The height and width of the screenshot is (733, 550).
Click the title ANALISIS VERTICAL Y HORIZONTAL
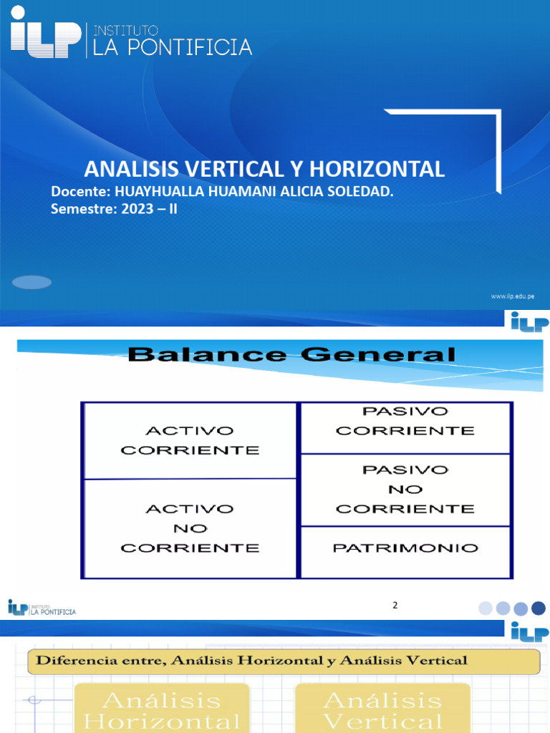[264, 169]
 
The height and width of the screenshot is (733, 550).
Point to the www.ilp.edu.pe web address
[512, 296]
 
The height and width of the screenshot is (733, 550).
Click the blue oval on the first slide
[32, 282]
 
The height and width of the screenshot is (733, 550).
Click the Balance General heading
[291, 354]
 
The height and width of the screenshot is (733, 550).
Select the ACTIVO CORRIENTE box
[190, 440]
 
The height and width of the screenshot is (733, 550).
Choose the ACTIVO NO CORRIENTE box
[190, 528]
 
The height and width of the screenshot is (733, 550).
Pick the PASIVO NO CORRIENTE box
[405, 490]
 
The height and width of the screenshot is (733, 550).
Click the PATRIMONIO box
[405, 548]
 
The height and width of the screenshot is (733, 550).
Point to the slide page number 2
[395, 606]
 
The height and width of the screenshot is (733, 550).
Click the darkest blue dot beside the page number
[539, 608]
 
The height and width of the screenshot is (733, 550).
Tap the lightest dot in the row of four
[486, 608]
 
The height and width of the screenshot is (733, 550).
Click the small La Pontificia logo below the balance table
[42, 608]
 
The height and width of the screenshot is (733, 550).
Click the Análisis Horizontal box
[162, 709]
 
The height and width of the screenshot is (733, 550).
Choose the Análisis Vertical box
[382, 709]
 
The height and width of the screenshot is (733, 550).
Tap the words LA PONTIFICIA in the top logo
[169, 47]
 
